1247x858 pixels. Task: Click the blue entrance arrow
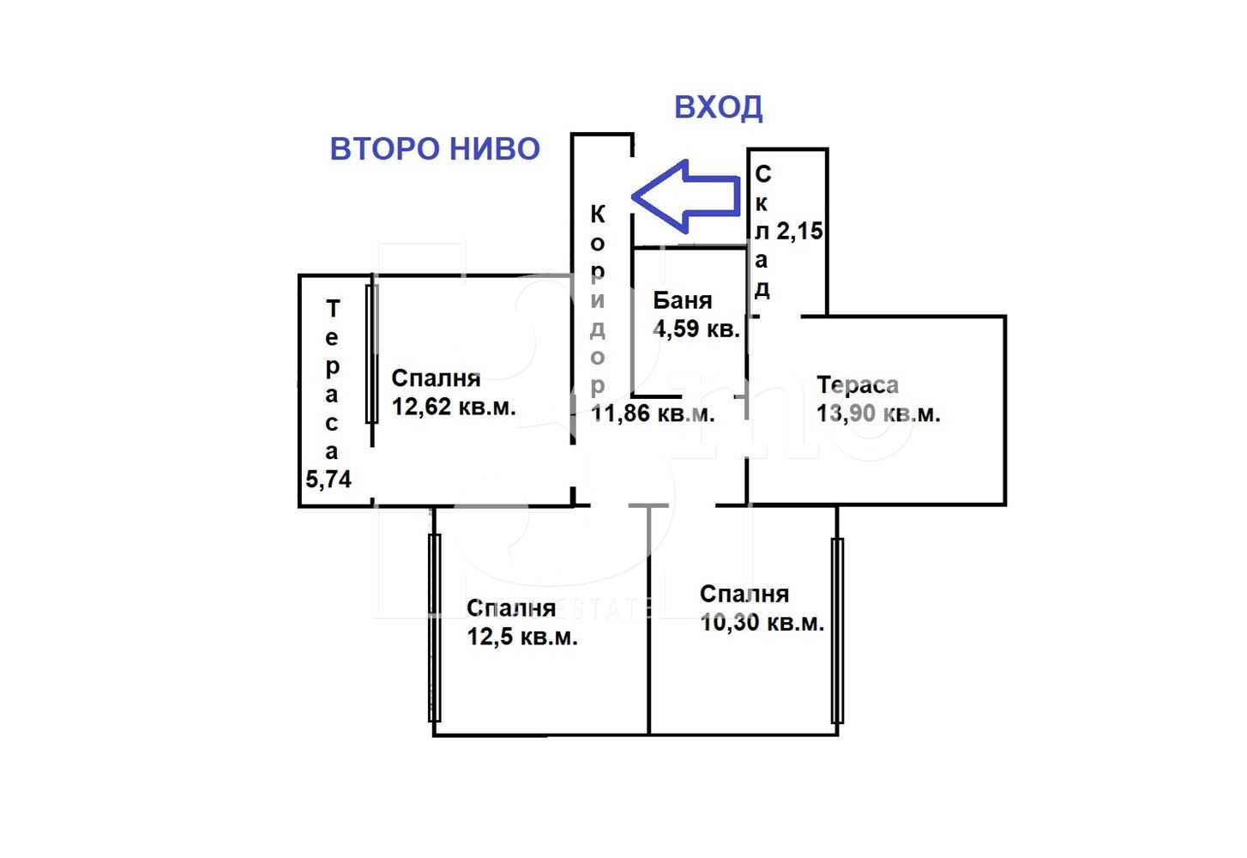686,196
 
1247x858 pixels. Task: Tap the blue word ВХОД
718,108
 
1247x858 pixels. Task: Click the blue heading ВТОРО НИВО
435,148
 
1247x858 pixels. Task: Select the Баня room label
683,300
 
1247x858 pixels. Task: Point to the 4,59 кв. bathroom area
696,329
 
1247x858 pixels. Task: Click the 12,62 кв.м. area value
454,407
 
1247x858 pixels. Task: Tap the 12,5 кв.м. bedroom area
522,637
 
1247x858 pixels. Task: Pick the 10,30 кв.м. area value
762,623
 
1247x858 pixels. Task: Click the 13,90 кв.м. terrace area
878,414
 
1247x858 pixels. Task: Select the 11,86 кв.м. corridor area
653,414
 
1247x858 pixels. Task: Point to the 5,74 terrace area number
328,479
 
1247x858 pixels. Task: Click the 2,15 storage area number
799,231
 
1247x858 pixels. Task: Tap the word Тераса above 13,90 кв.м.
858,384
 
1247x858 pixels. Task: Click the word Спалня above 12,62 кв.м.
436,378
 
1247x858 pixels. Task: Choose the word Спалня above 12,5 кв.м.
511,608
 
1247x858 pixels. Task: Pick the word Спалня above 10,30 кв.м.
744,594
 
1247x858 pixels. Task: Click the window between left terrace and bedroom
372,354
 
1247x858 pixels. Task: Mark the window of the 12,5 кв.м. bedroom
435,628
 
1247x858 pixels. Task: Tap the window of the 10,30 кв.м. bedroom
837,631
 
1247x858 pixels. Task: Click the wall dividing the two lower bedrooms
649,620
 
